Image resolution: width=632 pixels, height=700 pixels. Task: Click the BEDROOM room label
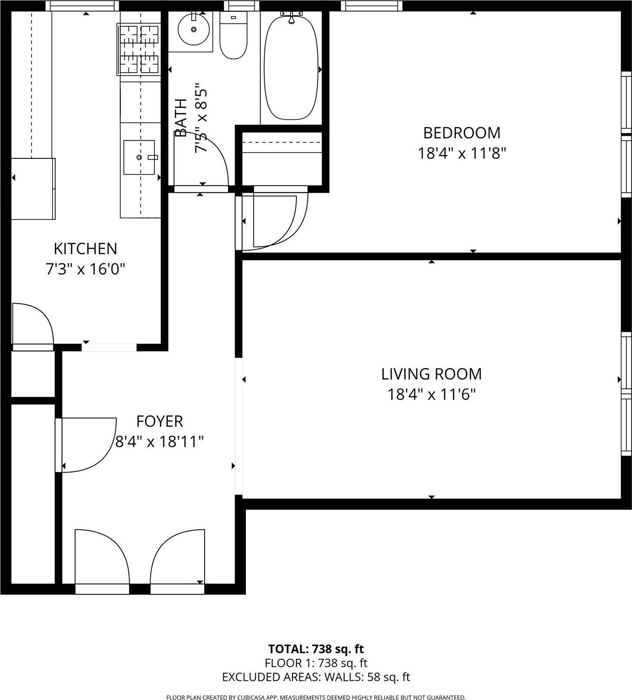coord(462,132)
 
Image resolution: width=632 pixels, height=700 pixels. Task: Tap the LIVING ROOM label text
coord(431,374)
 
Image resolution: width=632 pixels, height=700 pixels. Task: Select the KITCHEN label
coord(85,249)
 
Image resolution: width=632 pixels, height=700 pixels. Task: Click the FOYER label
coord(160,421)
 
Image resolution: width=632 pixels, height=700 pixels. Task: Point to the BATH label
coord(181,118)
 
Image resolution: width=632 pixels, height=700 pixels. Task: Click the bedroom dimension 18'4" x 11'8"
coord(462,153)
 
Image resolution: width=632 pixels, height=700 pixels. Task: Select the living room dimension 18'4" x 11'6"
coord(431,395)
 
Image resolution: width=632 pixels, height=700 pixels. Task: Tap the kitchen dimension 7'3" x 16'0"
coord(85,270)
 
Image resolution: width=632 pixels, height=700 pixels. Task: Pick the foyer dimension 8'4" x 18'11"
coord(160,441)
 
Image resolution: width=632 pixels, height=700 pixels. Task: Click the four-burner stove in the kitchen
coord(139,49)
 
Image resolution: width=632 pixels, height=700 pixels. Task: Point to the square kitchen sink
coord(139,157)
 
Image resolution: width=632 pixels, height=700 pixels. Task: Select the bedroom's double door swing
coord(275,220)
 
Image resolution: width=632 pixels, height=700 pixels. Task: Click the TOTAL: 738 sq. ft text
coord(316,649)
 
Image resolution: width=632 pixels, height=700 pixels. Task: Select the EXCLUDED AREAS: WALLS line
coord(316,677)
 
